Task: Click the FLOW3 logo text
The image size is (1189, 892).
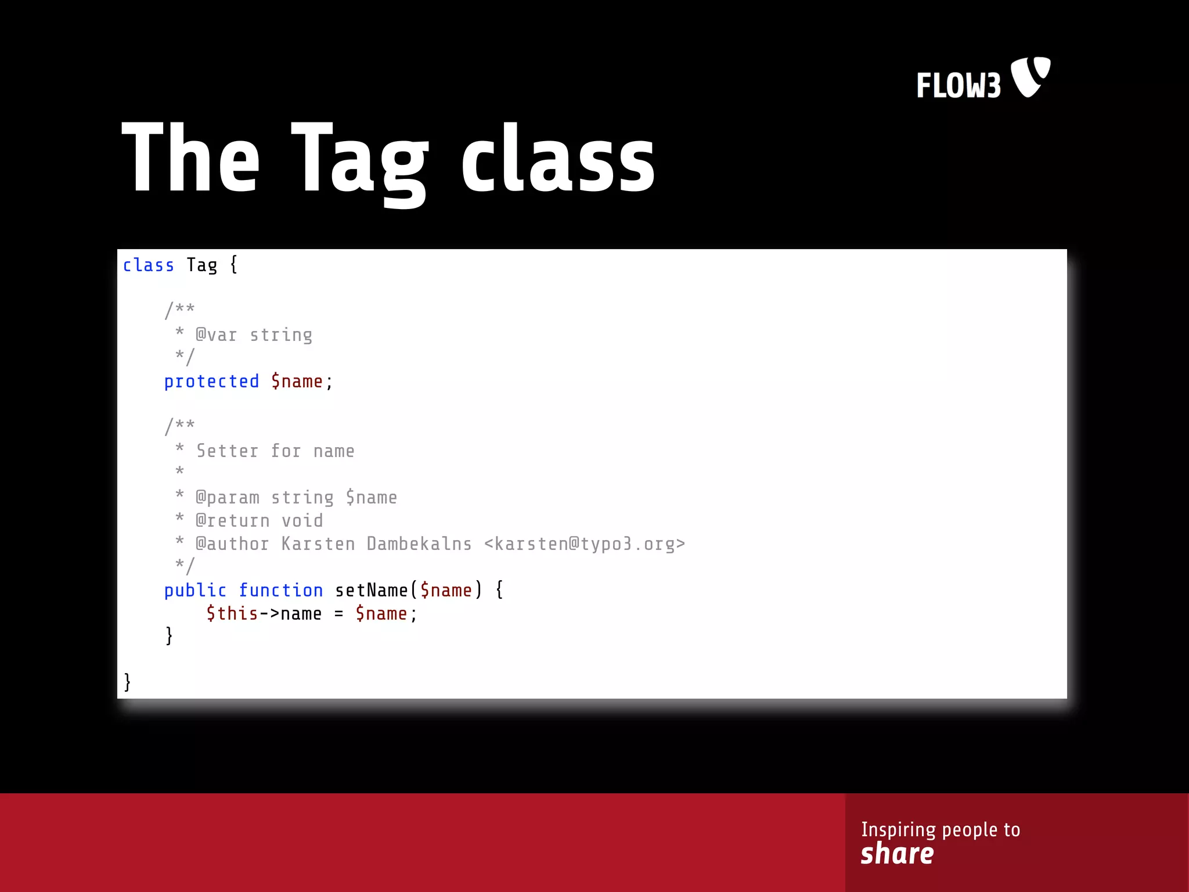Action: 959,85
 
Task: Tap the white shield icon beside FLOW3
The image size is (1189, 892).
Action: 1031,76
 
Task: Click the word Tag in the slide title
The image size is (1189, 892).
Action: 359,162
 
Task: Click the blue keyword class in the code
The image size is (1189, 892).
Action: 148,265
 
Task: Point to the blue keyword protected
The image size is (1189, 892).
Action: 211,382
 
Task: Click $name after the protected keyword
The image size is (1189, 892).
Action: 297,382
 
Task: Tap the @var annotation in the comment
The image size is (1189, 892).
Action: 217,335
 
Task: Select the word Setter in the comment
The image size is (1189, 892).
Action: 227,451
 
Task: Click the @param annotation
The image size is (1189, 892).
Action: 228,498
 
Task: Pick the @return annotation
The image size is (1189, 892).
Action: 233,521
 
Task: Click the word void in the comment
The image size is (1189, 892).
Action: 302,521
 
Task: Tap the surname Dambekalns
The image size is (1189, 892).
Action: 419,544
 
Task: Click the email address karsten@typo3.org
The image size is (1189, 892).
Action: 585,544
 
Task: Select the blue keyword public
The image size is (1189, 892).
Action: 195,591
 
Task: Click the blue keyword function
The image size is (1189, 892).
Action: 281,591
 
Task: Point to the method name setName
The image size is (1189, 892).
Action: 372,591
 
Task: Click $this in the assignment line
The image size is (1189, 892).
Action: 232,614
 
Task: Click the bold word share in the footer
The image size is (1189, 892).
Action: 897,854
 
